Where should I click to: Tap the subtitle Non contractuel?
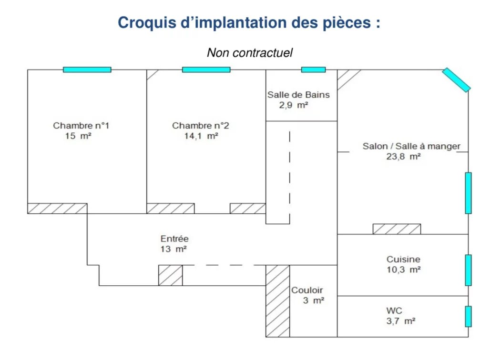[x=250, y=52]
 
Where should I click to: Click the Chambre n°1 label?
[x=81, y=126]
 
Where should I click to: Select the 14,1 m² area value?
[x=201, y=136]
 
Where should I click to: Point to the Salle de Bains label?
[x=298, y=95]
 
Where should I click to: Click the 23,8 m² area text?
[x=403, y=156]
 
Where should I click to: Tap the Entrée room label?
[x=174, y=239]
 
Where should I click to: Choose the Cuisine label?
[x=403, y=259]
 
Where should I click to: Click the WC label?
[x=394, y=310]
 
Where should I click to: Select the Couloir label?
[x=307, y=290]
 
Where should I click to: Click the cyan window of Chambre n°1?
[x=87, y=70]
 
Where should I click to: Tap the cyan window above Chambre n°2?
[x=206, y=70]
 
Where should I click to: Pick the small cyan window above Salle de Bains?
[x=314, y=70]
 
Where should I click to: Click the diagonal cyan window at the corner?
[x=456, y=80]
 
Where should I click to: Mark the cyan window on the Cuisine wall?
[x=468, y=270]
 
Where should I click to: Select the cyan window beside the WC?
[x=468, y=316]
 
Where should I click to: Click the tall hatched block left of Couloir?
[x=278, y=301]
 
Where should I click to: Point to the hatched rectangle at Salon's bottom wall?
[x=397, y=229]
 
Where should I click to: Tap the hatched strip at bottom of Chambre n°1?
[x=57, y=209]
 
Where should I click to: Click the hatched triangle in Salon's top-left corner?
[x=345, y=77]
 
